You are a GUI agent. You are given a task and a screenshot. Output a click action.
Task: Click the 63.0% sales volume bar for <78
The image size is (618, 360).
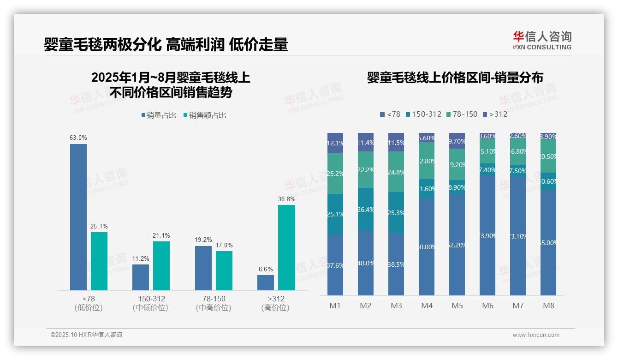pos(78,217)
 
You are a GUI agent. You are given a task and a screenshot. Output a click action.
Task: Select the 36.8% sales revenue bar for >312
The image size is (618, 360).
pos(286,247)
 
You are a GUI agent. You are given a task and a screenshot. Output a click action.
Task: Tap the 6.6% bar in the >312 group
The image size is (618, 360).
pos(266,282)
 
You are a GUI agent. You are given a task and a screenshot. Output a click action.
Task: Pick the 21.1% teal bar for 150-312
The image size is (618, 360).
pos(161,265)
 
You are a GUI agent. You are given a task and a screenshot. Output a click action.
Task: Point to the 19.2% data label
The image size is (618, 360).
pos(203,240)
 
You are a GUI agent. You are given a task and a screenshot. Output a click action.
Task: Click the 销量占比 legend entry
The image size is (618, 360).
pos(159,115)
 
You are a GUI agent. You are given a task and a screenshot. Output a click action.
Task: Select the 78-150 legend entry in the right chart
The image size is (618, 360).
pos(462,114)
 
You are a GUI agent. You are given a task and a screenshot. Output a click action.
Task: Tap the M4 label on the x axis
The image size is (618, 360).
pos(427,306)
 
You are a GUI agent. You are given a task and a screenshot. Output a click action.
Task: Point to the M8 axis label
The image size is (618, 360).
pos(548,306)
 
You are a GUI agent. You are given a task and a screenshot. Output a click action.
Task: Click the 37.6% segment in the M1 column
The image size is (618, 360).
pos(335,265)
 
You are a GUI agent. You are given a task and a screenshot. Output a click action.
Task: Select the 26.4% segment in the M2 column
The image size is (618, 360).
pos(366,209)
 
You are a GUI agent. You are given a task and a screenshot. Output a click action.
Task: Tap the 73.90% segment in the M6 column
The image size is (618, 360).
pos(487,235)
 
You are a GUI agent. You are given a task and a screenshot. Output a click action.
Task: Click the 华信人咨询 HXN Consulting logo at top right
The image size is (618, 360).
pos(542,40)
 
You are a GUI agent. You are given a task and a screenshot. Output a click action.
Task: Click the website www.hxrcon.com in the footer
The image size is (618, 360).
pos(535,335)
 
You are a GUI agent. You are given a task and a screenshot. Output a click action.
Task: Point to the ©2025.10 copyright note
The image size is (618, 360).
pos(86,335)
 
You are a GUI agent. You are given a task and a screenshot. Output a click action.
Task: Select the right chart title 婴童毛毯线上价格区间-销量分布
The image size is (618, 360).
pos(455,78)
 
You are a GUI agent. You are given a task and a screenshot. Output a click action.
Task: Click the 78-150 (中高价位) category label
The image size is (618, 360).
pos(214,303)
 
